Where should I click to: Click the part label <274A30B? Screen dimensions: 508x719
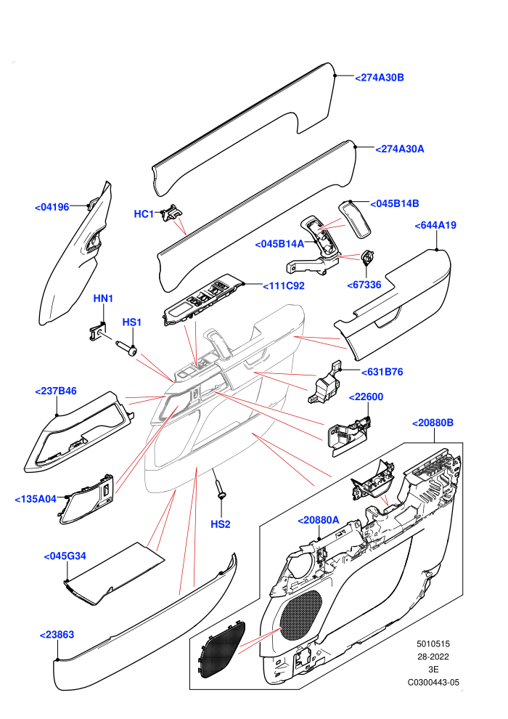pos(380,78)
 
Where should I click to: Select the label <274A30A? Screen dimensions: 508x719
pos(399,149)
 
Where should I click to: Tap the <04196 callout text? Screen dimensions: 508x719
pos(52,207)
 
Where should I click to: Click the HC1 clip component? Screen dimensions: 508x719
pos(171,212)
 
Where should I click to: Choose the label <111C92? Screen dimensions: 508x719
pos(284,286)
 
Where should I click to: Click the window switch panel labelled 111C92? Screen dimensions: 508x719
pos(202,300)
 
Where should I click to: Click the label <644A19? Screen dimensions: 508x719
pos(435,226)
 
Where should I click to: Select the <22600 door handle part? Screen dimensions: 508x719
pos(348,434)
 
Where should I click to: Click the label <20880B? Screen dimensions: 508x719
pos(433,423)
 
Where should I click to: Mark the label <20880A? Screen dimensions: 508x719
pos(319,520)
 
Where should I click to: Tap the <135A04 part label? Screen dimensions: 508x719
pos(36,499)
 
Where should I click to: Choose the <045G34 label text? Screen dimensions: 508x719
pos(65,556)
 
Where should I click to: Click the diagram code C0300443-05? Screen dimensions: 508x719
pos(433,682)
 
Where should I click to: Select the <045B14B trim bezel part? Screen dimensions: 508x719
pos(356,219)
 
